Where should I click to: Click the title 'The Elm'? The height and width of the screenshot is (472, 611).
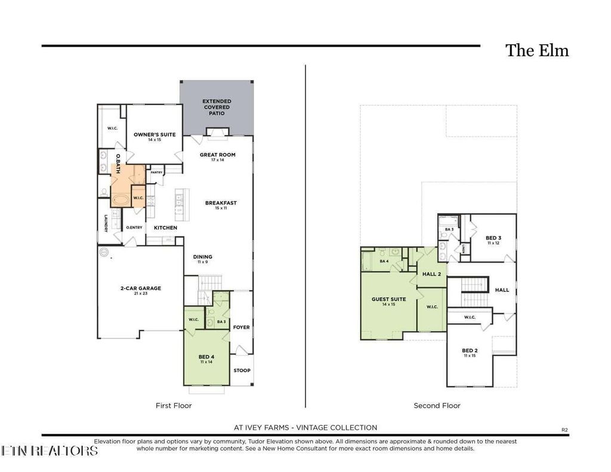(537, 51)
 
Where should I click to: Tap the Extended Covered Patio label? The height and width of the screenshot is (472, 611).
(216, 107)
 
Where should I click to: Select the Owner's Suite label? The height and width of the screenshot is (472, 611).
(155, 135)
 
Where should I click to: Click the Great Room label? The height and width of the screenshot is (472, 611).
(217, 155)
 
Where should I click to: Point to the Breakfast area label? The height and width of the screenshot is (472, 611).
(221, 203)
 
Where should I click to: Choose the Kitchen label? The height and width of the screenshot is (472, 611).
(165, 228)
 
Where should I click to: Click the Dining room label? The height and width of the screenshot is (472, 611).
(203, 257)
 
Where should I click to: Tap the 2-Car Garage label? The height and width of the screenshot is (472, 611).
(140, 288)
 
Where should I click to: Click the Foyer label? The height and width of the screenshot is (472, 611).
(241, 327)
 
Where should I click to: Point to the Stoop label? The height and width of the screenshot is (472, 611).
(241, 370)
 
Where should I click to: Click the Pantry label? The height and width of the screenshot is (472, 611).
(156, 172)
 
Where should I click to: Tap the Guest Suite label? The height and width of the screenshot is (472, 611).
(388, 300)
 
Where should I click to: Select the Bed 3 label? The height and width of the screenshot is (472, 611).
(492, 237)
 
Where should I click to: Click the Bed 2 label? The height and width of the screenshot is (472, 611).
(470, 351)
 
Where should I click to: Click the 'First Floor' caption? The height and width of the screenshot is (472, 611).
(174, 406)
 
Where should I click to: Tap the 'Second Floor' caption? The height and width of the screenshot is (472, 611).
(437, 406)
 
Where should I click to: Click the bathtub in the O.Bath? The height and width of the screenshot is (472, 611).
(121, 199)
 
